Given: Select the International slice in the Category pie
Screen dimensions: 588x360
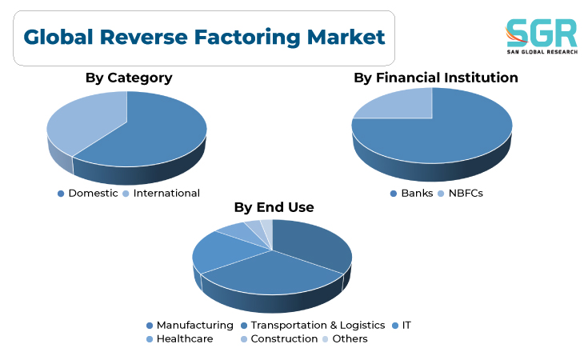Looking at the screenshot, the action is coord(86,120).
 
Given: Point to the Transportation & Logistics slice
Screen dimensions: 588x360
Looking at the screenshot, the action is coord(270,274).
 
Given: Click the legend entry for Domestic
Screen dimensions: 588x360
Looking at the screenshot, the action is coord(88,193).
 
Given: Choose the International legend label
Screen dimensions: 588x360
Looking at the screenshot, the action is coord(162,193).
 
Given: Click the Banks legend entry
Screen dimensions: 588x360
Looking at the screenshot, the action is coord(411,193).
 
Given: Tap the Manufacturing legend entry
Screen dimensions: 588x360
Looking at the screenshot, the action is coord(190,325).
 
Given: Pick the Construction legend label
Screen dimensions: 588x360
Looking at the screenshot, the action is coord(279,338).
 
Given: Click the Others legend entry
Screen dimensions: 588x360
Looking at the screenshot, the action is coord(345,338).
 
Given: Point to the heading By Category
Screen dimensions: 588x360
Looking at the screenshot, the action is coord(129,78).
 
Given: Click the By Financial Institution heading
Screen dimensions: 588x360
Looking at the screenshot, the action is coord(436,78).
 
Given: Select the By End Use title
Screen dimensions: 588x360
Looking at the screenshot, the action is coord(274,207).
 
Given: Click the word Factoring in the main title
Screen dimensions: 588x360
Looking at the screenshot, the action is coord(247,38).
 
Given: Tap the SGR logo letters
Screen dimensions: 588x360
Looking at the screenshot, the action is coord(542,33).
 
